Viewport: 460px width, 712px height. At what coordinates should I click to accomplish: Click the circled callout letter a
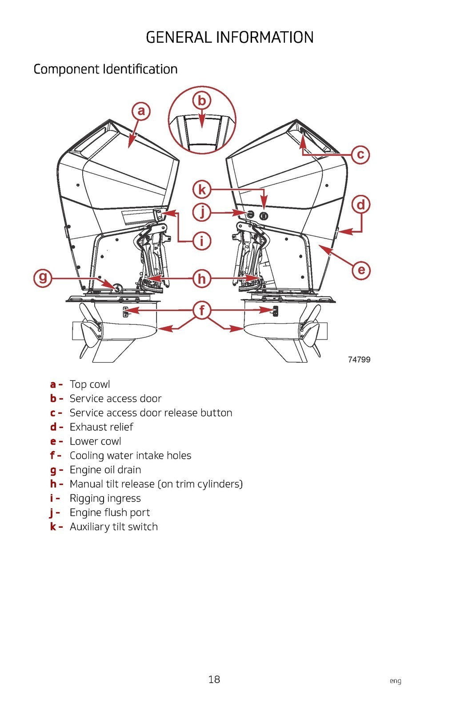click(x=141, y=111)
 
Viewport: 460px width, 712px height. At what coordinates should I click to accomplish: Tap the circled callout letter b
click(x=202, y=101)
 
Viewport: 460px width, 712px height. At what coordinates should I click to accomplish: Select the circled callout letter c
click(x=360, y=154)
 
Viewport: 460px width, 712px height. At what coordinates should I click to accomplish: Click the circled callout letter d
click(x=361, y=205)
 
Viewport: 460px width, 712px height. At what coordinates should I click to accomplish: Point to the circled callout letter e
click(x=361, y=270)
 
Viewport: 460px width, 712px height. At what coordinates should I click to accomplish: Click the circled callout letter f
click(x=202, y=310)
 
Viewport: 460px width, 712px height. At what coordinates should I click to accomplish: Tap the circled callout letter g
click(x=43, y=278)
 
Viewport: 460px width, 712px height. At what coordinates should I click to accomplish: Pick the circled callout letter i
click(x=202, y=241)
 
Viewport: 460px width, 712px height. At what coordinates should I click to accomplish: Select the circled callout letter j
click(x=202, y=212)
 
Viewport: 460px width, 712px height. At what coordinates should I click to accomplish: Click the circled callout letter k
click(x=202, y=190)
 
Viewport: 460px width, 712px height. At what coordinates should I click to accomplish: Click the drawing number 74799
click(x=359, y=360)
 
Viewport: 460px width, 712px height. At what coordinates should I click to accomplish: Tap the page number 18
click(x=214, y=679)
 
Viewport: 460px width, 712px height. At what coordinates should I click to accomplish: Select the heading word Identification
click(x=140, y=69)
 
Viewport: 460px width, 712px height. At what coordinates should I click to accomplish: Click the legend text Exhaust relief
click(x=101, y=427)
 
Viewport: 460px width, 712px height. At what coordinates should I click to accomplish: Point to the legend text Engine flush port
click(x=109, y=513)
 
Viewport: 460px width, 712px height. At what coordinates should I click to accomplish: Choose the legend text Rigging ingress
click(x=105, y=498)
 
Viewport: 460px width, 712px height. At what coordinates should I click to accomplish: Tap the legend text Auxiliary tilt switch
click(x=113, y=527)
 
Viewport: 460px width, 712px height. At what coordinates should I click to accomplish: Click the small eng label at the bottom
click(x=395, y=681)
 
